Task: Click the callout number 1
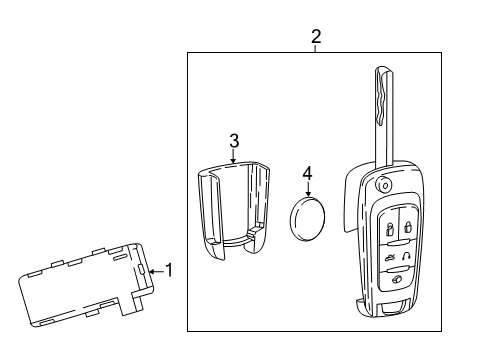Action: (168, 269)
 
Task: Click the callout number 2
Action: (316, 37)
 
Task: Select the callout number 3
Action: (233, 139)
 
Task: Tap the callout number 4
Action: (308, 172)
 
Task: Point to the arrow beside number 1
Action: (153, 269)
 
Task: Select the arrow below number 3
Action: (233, 156)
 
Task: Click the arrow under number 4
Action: (308, 187)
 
